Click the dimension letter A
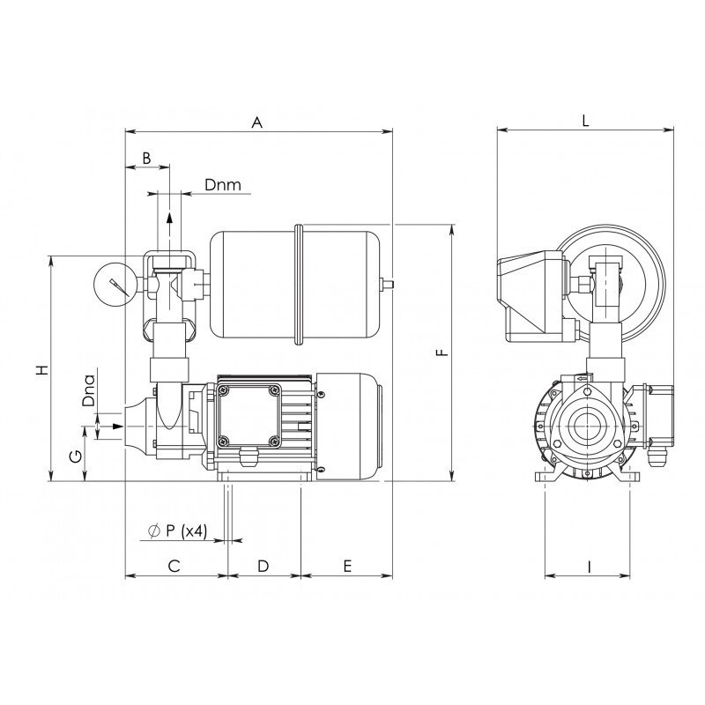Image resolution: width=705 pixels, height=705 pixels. click(256, 122)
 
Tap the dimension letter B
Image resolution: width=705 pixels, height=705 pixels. click(146, 159)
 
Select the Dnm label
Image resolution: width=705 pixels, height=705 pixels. click(223, 184)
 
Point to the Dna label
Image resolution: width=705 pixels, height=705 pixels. click(90, 390)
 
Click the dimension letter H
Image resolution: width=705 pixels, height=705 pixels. click(41, 369)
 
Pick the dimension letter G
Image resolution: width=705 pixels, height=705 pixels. click(76, 456)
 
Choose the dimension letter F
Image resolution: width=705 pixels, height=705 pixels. click(443, 352)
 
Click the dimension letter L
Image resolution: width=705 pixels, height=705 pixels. click(585, 121)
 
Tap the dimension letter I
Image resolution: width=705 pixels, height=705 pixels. click(589, 567)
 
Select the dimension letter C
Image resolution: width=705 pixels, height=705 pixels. click(174, 566)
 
